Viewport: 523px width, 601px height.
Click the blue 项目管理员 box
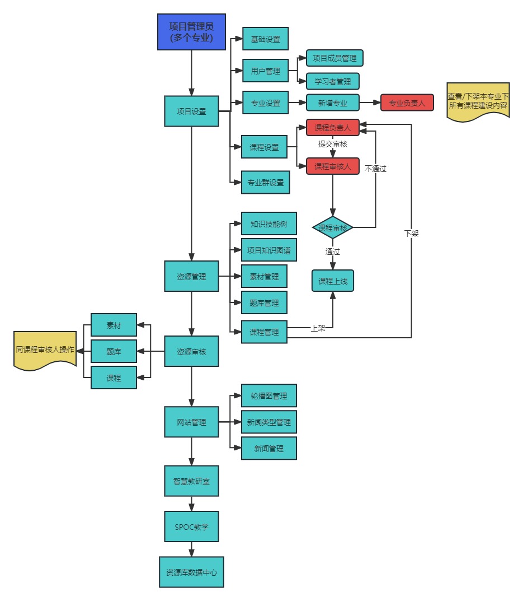point(191,32)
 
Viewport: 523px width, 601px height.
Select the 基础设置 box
point(265,39)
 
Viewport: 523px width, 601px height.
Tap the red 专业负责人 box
point(407,103)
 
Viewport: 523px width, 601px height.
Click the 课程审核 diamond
point(333,228)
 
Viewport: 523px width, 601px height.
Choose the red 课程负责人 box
point(332,128)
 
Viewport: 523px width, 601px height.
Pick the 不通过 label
point(375,168)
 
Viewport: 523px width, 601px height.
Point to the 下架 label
point(411,233)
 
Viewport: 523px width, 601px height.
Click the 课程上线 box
point(333,281)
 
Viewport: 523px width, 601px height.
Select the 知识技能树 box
point(268,224)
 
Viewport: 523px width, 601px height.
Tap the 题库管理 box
point(264,302)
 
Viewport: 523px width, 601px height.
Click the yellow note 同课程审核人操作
point(45,350)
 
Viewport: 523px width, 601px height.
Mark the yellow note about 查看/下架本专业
point(478,101)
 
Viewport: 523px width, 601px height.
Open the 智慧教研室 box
point(191,481)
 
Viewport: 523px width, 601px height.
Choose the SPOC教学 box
point(191,527)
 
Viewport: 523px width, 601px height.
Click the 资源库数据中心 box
point(191,572)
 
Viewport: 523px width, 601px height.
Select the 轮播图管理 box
point(268,395)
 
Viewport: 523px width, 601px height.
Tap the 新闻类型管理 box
point(268,422)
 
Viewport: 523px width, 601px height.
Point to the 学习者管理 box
point(332,82)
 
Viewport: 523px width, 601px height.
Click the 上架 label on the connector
point(318,328)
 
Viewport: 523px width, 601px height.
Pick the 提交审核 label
point(332,145)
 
